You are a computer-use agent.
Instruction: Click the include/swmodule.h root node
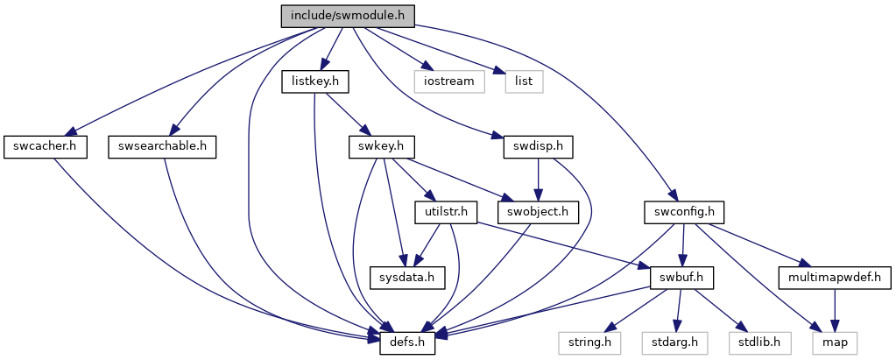[x=348, y=16]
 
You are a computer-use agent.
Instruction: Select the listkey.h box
[x=315, y=82]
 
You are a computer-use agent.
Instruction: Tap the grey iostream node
[x=449, y=82]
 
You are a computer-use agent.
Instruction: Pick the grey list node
[x=524, y=82]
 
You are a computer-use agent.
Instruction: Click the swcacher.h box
[x=46, y=148]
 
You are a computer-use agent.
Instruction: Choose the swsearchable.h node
[x=162, y=148]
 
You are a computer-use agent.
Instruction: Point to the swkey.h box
[x=382, y=148]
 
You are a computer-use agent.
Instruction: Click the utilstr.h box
[x=445, y=213]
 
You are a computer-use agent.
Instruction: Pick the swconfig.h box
[x=684, y=213]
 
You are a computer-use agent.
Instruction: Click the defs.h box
[x=408, y=343]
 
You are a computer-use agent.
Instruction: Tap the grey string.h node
[x=589, y=343]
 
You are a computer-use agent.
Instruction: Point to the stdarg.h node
[x=674, y=343]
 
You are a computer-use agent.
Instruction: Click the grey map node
[x=835, y=343]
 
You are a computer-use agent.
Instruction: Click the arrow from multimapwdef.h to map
[x=835, y=311]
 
